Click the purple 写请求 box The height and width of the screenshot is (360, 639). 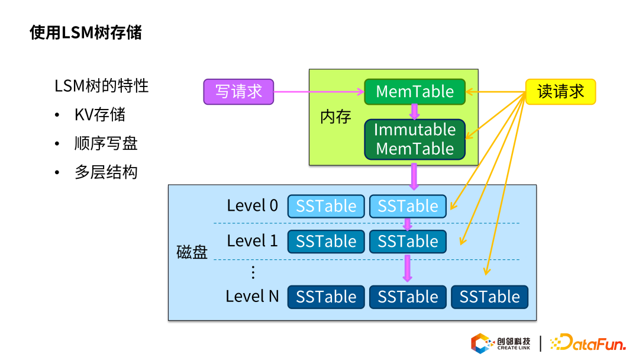point(238,92)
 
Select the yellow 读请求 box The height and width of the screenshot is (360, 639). point(561,92)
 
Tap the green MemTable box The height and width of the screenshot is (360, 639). point(415,92)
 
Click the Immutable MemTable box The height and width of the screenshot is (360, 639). point(415,139)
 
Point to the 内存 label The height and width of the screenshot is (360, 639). point(335,117)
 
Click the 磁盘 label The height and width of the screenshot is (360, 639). point(192,252)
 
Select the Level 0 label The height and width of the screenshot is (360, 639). point(252,205)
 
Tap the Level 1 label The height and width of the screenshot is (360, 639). point(252,241)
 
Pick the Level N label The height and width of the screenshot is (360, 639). point(252,297)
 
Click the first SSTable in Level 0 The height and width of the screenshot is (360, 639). point(326,206)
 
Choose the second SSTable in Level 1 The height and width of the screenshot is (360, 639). point(408,242)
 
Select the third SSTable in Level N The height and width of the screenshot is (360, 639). point(490,297)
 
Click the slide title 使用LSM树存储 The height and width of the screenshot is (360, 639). point(86,33)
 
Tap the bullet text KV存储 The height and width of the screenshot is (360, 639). point(100,115)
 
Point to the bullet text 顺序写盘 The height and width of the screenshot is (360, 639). point(106,143)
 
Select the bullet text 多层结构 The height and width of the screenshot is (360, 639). point(106,172)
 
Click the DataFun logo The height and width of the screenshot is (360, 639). point(588,343)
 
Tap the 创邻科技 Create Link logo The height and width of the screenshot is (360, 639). point(501,343)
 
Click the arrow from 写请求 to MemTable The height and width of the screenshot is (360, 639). point(319,92)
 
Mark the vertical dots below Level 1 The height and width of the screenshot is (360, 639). point(253,272)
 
